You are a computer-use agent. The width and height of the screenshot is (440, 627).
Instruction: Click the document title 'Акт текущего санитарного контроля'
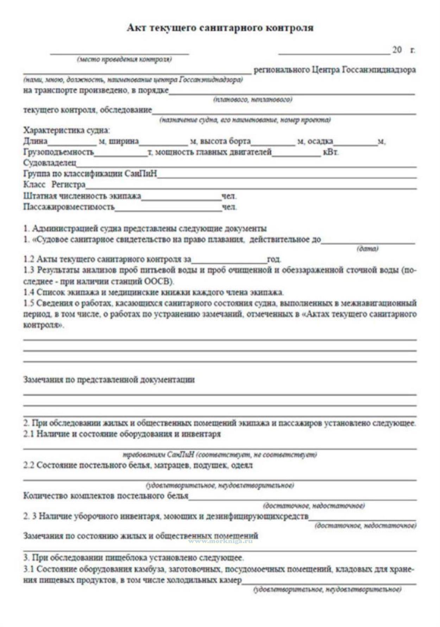point(220,28)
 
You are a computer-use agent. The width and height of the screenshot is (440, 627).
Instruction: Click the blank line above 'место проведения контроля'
point(119,53)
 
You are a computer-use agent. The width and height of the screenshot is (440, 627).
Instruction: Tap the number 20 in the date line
point(397,50)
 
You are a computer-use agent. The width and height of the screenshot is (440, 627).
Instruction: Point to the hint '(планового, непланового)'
point(252,100)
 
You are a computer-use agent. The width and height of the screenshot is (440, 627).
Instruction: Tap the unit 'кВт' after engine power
point(331,153)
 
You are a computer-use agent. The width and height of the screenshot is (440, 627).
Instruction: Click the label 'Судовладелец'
point(50,163)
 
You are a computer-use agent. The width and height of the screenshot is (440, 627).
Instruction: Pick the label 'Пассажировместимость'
point(69,207)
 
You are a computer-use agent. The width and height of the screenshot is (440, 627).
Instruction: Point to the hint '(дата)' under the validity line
point(367,249)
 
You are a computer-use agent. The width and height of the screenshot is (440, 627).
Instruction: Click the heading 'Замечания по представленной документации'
point(109,380)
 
